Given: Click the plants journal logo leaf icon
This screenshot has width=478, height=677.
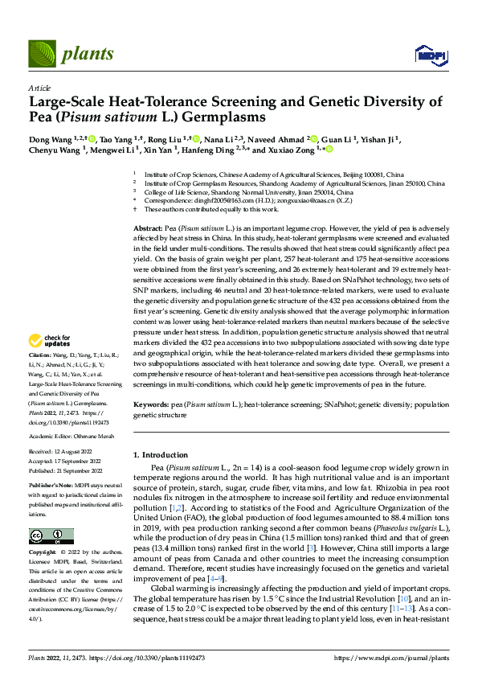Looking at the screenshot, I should (42, 54).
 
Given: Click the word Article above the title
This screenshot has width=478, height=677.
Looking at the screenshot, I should (39, 87).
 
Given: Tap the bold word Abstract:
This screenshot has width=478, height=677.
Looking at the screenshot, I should (150, 229).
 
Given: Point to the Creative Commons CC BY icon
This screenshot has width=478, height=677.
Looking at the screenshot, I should (51, 535).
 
